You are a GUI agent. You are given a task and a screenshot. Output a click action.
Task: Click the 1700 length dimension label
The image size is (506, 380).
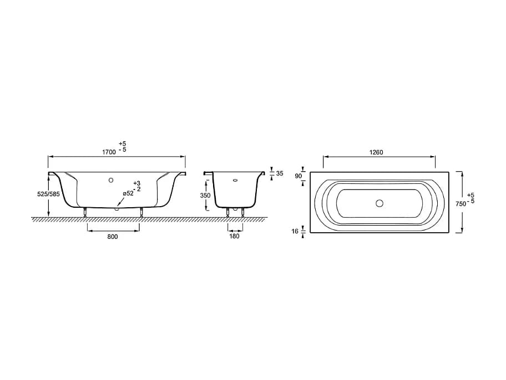[x=109, y=152]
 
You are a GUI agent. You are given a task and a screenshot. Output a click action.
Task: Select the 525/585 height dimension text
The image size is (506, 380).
[x=49, y=194]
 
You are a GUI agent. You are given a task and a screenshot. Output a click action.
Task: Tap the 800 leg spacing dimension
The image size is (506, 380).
[x=112, y=237]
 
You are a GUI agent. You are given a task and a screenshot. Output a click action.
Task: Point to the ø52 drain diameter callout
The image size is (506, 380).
[x=128, y=193]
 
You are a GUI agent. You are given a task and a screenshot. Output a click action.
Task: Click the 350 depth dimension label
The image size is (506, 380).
[x=205, y=196]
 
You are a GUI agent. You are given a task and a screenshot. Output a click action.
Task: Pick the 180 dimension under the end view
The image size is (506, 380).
[x=234, y=236]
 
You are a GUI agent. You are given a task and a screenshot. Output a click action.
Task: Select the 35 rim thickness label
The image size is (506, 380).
[x=280, y=173]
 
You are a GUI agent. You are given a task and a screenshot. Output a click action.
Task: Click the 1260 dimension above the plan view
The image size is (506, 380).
[x=376, y=152]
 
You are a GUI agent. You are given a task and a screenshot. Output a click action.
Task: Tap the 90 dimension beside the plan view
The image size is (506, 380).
[x=298, y=176]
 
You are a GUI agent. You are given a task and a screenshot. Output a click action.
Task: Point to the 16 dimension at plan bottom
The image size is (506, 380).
[x=295, y=231]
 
